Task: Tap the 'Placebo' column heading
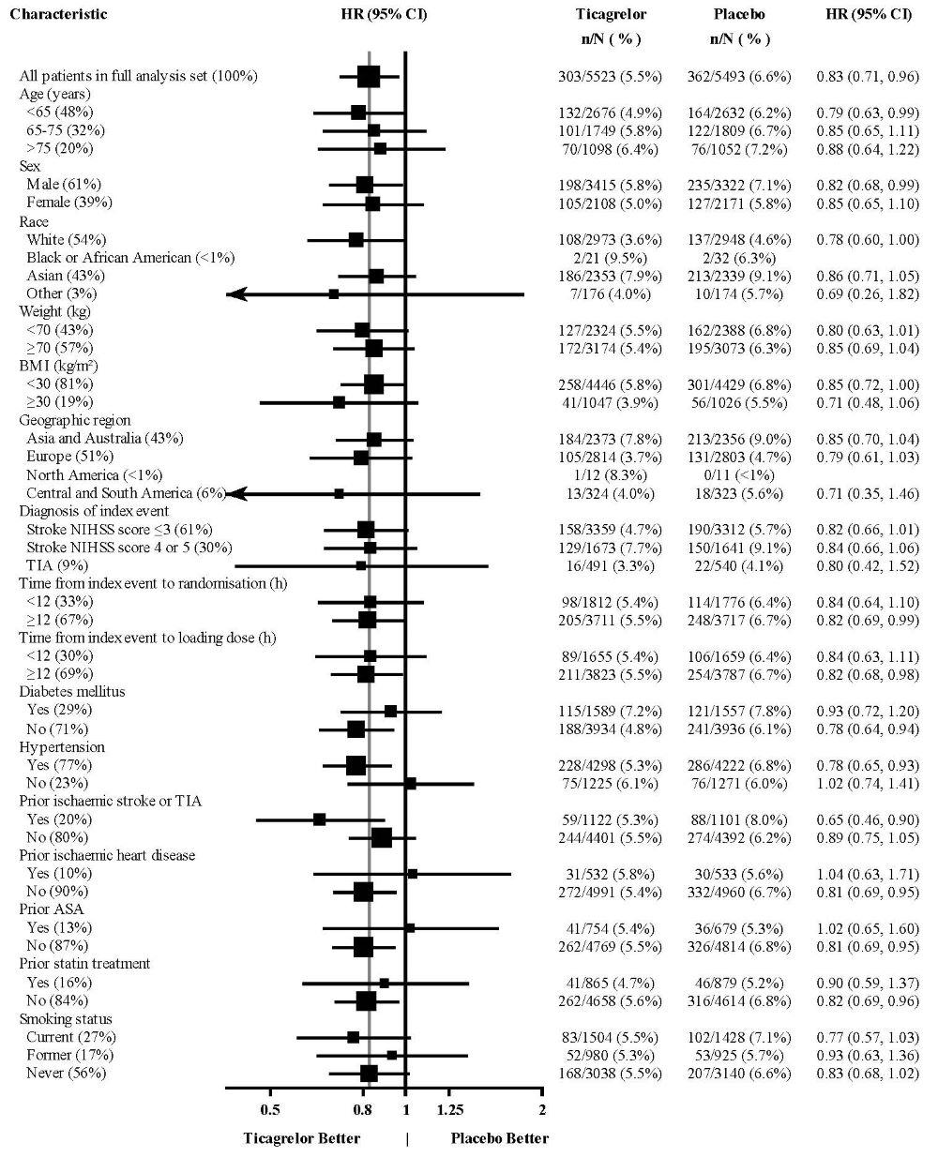pos(740,14)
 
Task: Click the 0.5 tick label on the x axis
pos(270,1110)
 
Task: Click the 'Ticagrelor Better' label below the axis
pos(301,1139)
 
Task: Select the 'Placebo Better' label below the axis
pos(500,1139)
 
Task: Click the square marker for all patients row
pos(369,76)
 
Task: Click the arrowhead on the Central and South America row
pos(236,493)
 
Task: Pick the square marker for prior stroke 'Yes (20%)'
pos(319,819)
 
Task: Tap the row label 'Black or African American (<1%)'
pos(130,258)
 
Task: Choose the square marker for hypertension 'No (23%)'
pos(410,783)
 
